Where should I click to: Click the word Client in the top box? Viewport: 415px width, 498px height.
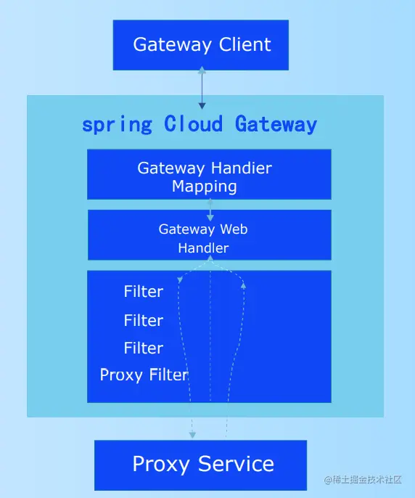tap(245, 44)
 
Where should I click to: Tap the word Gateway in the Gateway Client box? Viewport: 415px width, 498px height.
tap(172, 45)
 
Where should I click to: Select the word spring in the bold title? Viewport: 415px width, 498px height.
tap(117, 125)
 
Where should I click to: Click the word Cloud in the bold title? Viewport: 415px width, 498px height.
tap(193, 123)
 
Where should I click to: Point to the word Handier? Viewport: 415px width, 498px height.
tap(242, 168)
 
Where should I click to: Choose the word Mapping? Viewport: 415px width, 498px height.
tap(205, 187)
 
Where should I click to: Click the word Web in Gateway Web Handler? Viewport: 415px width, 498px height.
tap(234, 229)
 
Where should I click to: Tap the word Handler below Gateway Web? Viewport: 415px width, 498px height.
tap(203, 248)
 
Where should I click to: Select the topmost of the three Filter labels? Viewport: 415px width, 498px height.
tap(144, 292)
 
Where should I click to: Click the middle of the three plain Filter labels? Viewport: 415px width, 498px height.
tap(144, 320)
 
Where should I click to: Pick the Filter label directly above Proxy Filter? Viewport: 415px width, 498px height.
tap(144, 348)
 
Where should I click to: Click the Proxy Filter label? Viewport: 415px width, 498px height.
tap(144, 375)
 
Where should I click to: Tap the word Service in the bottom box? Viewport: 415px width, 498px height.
tap(236, 464)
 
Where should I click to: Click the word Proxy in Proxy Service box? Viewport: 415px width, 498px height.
tap(160, 465)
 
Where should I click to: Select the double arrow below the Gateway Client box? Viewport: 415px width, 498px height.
tap(202, 88)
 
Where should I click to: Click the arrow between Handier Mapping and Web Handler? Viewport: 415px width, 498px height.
tap(210, 210)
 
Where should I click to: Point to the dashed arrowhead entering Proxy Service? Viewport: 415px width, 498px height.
tap(192, 434)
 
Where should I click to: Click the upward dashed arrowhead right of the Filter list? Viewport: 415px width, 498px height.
tap(244, 285)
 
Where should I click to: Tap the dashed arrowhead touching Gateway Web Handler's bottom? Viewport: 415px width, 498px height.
tap(210, 258)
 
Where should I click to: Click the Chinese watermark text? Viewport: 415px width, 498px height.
tap(363, 480)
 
